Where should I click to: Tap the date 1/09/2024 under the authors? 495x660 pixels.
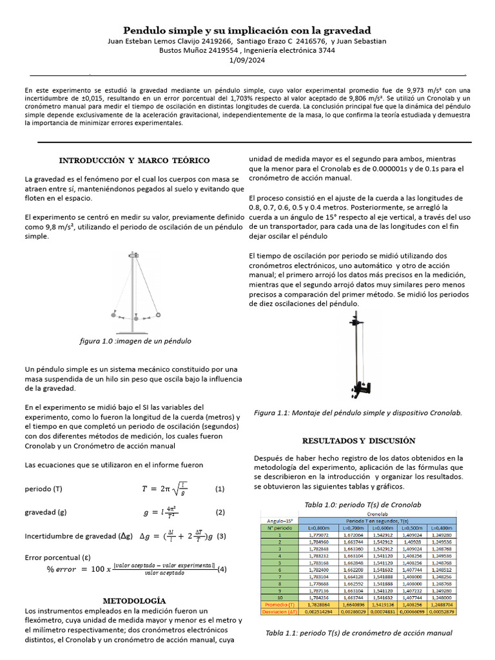click(x=247, y=60)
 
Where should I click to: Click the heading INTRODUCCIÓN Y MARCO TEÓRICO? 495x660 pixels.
click(x=134, y=160)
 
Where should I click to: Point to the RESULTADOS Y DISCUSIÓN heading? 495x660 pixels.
click(x=359, y=441)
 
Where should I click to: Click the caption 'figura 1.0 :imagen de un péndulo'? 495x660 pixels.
click(x=134, y=340)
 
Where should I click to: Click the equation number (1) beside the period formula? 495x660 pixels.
click(x=220, y=489)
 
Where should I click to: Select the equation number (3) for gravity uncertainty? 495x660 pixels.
click(x=220, y=536)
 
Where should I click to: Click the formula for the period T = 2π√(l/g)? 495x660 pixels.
click(x=166, y=489)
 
